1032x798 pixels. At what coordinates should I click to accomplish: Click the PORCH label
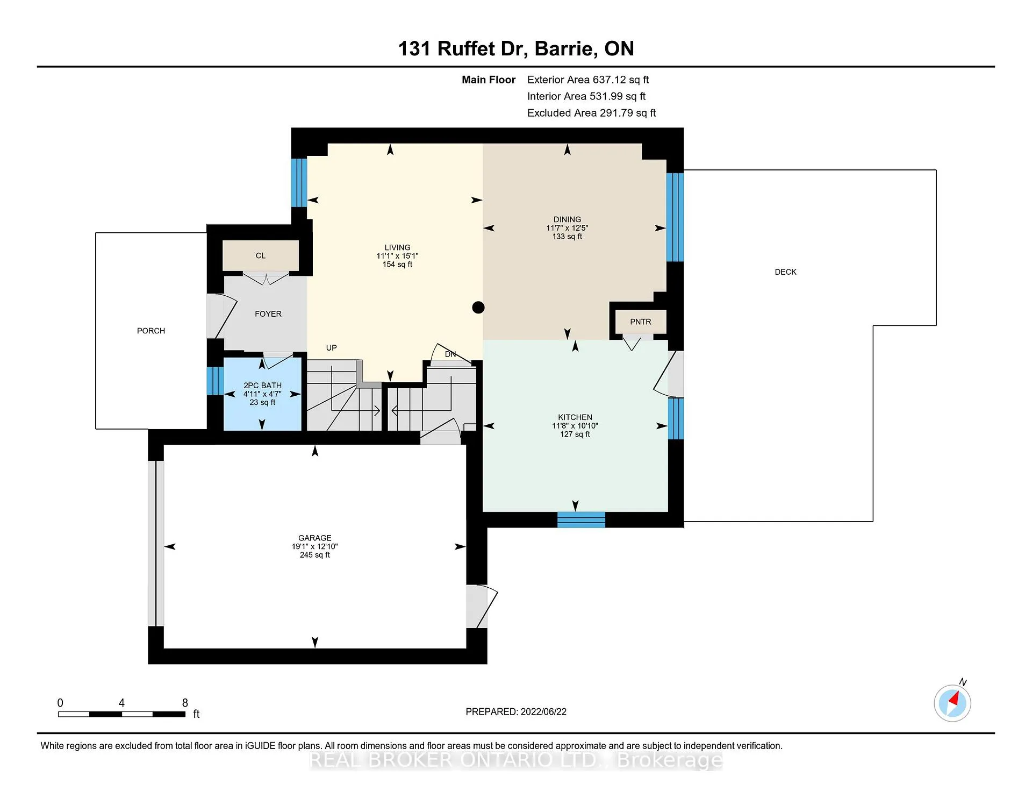[151, 331]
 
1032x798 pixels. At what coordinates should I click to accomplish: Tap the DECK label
[785, 272]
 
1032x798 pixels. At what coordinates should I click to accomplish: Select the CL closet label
[261, 255]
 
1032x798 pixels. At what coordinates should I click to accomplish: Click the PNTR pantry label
[641, 322]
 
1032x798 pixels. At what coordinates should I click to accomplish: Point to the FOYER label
[268, 314]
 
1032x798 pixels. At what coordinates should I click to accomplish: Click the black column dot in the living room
[478, 308]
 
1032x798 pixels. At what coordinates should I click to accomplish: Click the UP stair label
[332, 348]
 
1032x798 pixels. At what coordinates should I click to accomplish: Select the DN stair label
[450, 354]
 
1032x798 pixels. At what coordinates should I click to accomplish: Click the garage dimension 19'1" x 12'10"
[315, 546]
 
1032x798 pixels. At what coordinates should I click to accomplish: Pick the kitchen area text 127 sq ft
[575, 434]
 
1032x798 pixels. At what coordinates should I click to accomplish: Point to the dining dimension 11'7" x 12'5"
[567, 228]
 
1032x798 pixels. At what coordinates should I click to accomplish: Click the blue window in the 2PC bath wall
[215, 381]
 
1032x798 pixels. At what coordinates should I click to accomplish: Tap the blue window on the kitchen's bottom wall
[581, 520]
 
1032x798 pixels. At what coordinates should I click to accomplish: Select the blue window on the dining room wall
[675, 217]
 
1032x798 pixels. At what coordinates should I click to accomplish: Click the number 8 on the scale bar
[185, 703]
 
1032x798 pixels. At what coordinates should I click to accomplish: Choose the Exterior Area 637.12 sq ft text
[588, 80]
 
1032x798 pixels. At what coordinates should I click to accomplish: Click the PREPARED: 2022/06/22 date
[516, 711]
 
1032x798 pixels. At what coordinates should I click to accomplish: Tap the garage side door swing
[482, 606]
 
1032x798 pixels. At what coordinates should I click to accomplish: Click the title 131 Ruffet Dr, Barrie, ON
[516, 48]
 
